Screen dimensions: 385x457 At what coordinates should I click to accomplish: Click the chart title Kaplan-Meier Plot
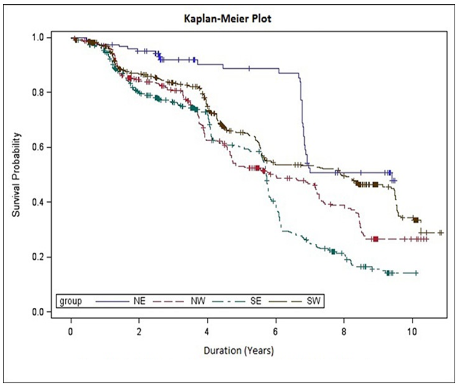(x=228, y=20)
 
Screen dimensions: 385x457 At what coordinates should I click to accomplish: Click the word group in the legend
(x=70, y=301)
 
